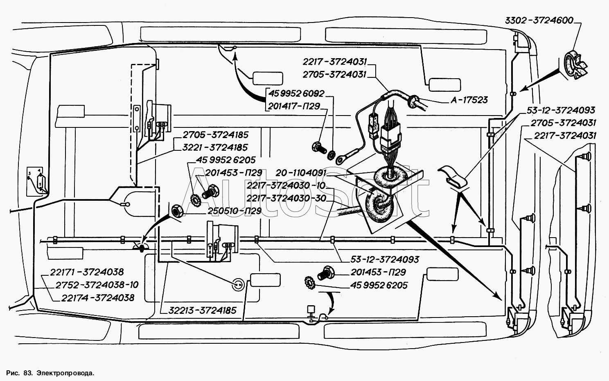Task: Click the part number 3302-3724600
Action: click(539, 20)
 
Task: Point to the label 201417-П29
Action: click(293, 106)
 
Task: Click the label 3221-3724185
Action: click(215, 147)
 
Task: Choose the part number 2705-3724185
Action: click(215, 135)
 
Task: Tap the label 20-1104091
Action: click(301, 173)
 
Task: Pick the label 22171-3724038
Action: click(87, 272)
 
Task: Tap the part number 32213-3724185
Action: click(202, 310)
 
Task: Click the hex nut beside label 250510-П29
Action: click(177, 211)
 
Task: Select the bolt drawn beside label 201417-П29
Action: click(318, 147)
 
